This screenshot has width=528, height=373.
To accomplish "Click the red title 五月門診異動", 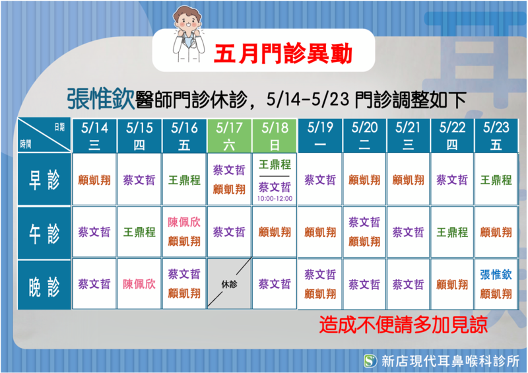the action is [x=283, y=54].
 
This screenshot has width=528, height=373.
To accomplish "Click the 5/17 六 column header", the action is [x=229, y=136].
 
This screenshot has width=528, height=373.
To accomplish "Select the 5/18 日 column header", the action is [x=275, y=136].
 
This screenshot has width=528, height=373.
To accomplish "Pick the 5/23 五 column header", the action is [x=496, y=136].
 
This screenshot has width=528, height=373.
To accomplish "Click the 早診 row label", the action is [x=44, y=180].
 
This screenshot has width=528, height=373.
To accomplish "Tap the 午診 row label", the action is [x=44, y=233].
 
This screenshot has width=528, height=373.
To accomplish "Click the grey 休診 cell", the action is [x=229, y=284].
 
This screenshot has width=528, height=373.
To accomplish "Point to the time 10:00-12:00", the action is [x=275, y=199].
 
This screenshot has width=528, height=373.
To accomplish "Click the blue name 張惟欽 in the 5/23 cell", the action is [x=496, y=275].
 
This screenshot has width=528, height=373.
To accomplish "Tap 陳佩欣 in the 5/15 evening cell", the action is [x=139, y=284].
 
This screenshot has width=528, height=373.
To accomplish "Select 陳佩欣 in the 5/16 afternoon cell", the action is [x=184, y=222].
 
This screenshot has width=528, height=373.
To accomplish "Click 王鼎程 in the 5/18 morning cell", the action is [x=275, y=165].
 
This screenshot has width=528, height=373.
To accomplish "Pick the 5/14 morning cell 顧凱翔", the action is [x=94, y=180].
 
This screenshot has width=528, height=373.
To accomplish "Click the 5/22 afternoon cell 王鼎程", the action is [x=452, y=232].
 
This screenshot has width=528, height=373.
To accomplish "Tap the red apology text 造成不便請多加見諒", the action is [x=403, y=324].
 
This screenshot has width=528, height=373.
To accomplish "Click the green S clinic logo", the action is [x=370, y=361].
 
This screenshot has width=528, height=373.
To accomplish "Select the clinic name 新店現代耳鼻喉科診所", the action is [x=451, y=361].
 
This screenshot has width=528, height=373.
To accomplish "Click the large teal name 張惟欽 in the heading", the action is [x=101, y=99].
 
